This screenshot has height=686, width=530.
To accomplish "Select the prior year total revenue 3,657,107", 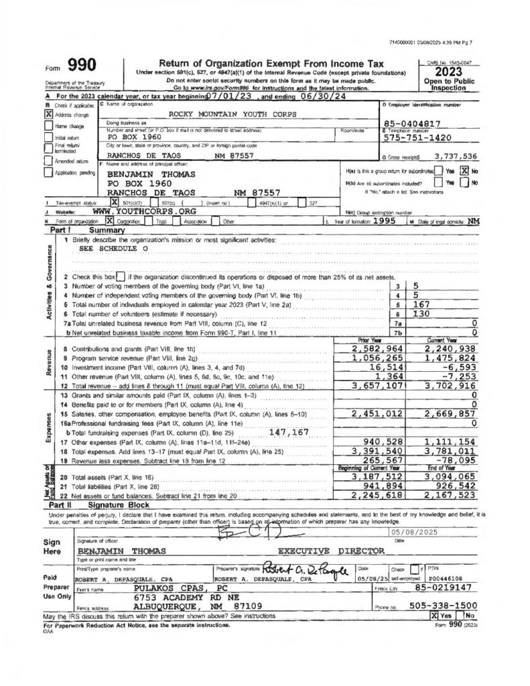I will tap(377, 386).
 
